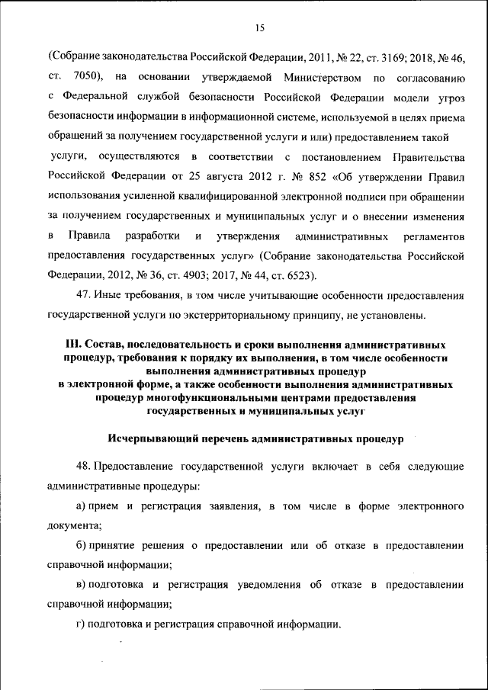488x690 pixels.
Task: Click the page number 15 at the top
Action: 259,28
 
